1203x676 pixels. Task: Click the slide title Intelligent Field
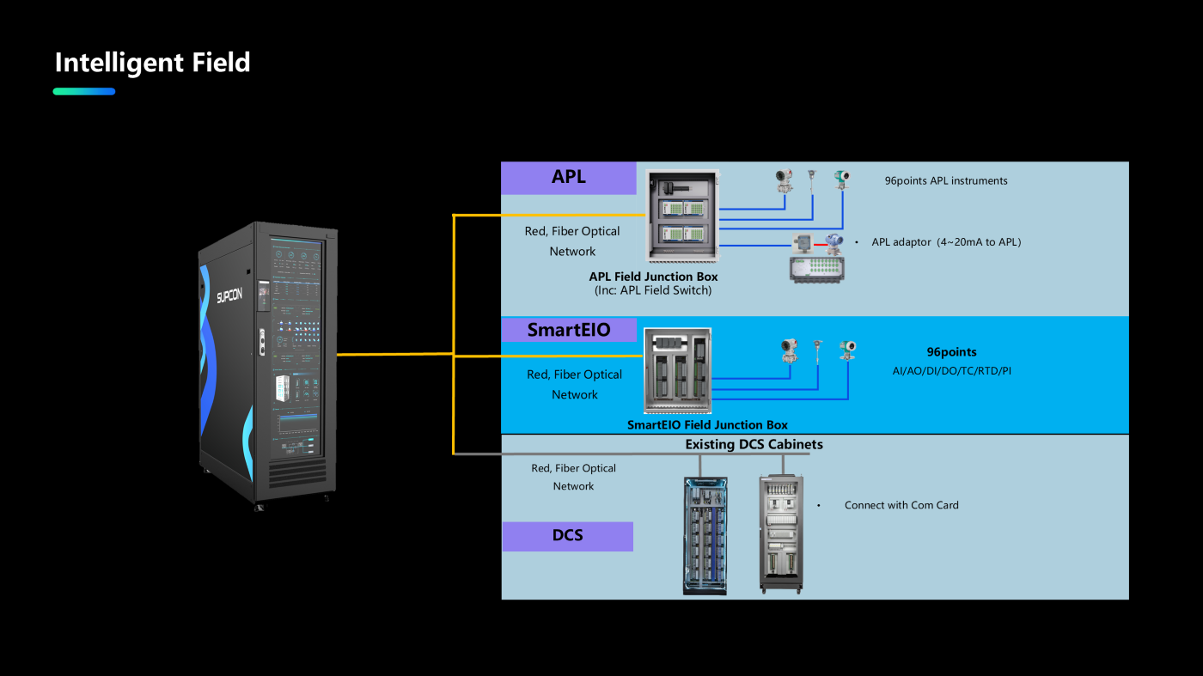click(152, 63)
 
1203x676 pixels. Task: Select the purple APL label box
click(569, 178)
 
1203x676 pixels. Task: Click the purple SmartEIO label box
click(569, 330)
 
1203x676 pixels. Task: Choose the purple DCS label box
click(567, 536)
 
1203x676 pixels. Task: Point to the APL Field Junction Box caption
click(653, 277)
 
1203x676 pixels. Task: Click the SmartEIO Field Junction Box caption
click(707, 424)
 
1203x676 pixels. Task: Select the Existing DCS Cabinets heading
click(754, 444)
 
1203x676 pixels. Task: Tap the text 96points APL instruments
click(946, 181)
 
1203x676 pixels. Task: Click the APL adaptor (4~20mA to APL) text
click(946, 242)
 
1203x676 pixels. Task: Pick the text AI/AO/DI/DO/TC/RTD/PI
click(951, 371)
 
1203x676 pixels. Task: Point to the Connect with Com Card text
click(901, 505)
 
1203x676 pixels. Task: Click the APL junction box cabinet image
click(682, 216)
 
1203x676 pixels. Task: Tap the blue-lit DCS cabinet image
click(705, 535)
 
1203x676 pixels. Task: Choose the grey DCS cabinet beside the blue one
click(781, 533)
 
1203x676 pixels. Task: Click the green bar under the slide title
click(84, 91)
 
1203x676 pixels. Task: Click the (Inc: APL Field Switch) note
click(653, 290)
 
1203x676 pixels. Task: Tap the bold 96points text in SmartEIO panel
click(951, 352)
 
